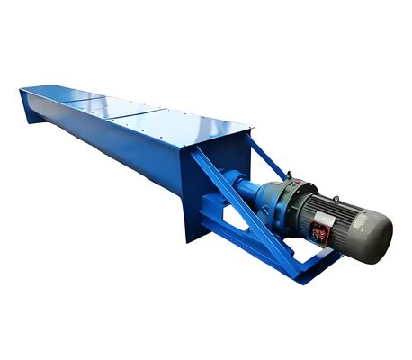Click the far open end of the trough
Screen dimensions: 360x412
click(x=31, y=104)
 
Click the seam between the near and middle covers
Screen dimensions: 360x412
click(x=144, y=114)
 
